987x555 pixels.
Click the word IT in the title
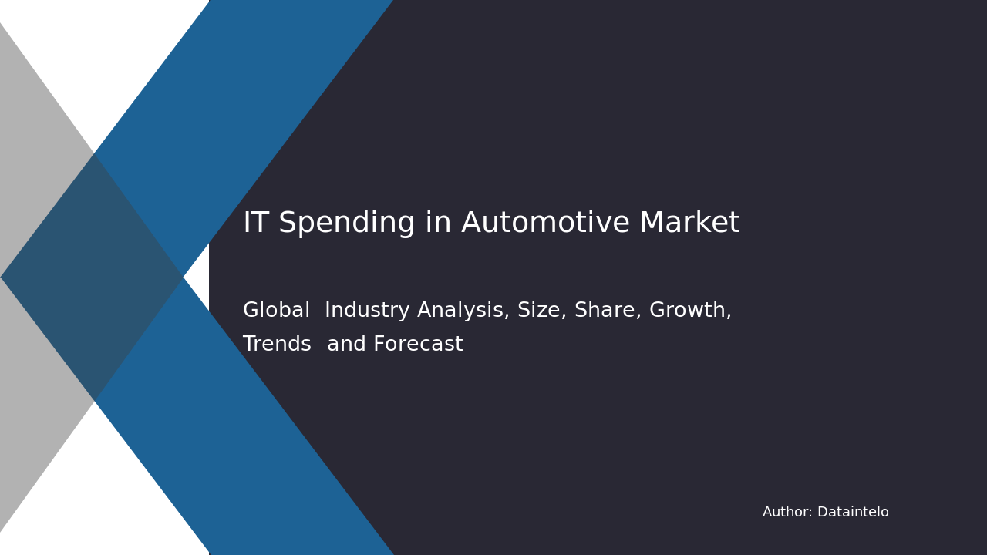click(x=256, y=224)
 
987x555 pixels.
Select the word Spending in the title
click(x=336, y=224)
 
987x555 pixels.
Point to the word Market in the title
click(x=689, y=224)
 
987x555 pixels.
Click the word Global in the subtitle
click(x=276, y=311)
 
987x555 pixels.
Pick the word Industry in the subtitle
click(x=367, y=311)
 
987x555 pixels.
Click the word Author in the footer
click(x=787, y=512)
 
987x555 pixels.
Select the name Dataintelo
click(x=853, y=512)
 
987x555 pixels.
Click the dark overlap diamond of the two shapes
click(x=93, y=277)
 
